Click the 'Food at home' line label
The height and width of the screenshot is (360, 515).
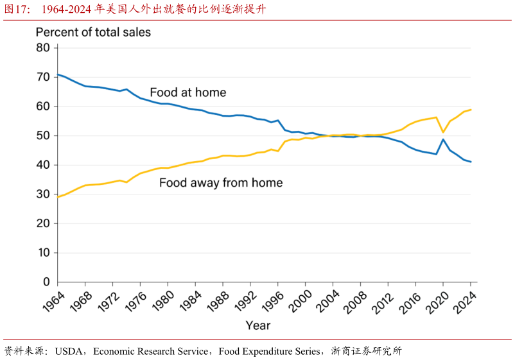(x=188, y=92)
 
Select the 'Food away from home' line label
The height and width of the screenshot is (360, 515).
(x=221, y=183)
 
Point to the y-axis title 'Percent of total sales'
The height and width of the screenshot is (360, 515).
(x=93, y=32)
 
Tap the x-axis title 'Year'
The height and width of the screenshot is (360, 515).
(x=258, y=325)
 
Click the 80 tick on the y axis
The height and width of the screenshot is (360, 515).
(x=43, y=47)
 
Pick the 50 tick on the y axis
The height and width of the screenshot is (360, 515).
(x=43, y=135)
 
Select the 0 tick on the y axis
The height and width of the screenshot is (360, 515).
(x=46, y=282)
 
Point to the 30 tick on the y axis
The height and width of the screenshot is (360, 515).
(x=43, y=194)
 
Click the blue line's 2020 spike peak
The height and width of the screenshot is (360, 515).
(x=443, y=139)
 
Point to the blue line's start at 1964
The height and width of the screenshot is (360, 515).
(x=58, y=74)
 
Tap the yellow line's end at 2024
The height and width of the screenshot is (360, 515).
(x=471, y=110)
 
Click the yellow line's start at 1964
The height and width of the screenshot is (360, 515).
(x=58, y=196)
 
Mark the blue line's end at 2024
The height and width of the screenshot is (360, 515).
(x=471, y=162)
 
